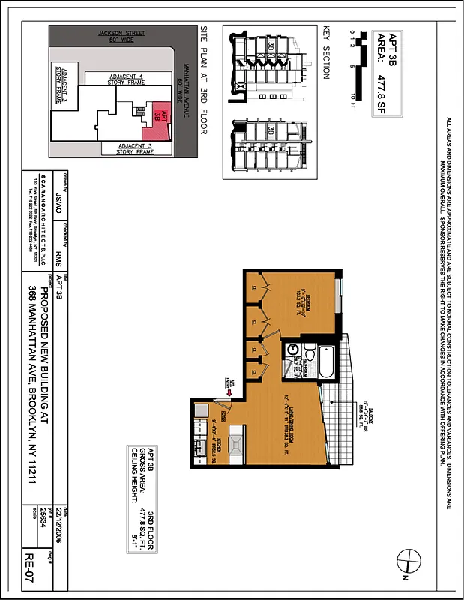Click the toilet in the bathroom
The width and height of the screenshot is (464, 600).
[307, 351]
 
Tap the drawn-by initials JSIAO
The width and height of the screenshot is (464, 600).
[61, 200]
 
